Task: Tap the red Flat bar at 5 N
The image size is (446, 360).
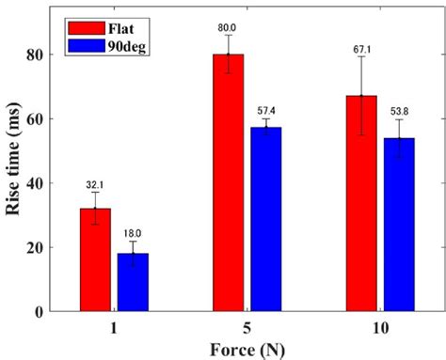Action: [228, 183]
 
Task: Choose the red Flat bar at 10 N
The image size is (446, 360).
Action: [360, 204]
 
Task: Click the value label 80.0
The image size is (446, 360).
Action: [228, 27]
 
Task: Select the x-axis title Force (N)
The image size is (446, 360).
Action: [244, 349]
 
